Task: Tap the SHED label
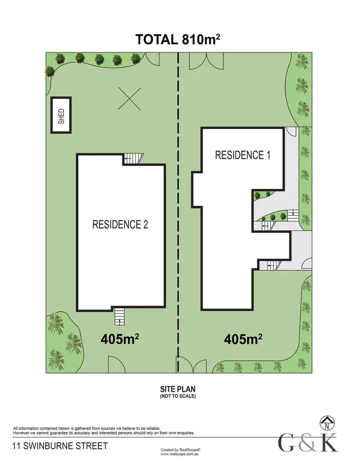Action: (x=61, y=115)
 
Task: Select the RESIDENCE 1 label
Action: (x=239, y=155)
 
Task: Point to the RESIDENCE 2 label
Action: (x=120, y=224)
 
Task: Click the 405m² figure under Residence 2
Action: (x=120, y=339)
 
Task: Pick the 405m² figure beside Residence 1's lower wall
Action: (x=243, y=339)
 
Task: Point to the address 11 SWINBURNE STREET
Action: (x=60, y=446)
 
